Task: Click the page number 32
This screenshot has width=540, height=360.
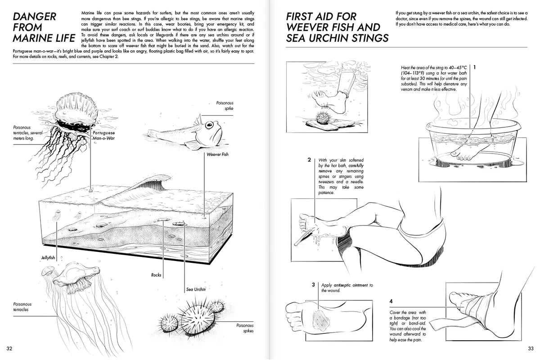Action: pyautogui.click(x=9, y=348)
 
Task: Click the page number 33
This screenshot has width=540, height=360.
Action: pyautogui.click(x=531, y=348)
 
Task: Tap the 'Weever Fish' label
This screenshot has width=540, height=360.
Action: pyautogui.click(x=217, y=154)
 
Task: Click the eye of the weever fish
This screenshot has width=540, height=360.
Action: pyautogui.click(x=209, y=126)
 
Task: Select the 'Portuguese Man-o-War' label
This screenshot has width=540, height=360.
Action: pyautogui.click(x=103, y=136)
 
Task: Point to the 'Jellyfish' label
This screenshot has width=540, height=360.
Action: pyautogui.click(x=46, y=258)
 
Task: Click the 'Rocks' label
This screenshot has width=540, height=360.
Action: pyautogui.click(x=156, y=274)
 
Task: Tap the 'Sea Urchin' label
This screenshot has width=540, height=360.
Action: pyautogui.click(x=196, y=289)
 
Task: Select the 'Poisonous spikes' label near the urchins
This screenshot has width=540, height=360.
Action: pyautogui.click(x=245, y=328)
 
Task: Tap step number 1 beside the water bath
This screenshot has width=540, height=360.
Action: pyautogui.click(x=474, y=67)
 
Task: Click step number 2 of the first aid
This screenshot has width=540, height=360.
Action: pyautogui.click(x=309, y=160)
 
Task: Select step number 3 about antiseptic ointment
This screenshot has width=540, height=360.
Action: pyautogui.click(x=313, y=285)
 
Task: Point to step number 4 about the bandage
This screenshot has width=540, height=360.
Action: pyautogui.click(x=391, y=301)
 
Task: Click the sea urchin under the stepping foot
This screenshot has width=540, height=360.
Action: pyautogui.click(x=323, y=118)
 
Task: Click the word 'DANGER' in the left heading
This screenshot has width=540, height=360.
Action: pyautogui.click(x=35, y=17)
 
